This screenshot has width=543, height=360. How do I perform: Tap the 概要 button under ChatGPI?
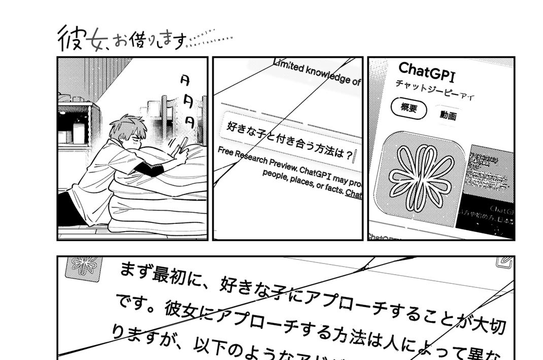point(408,109)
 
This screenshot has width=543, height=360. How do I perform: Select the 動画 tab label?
point(448,116)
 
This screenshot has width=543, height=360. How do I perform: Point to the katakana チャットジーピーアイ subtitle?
point(434,90)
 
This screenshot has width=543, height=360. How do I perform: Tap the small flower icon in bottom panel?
point(84,267)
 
